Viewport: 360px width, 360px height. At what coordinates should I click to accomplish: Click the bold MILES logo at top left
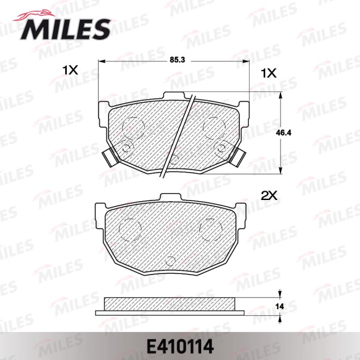tap(66, 29)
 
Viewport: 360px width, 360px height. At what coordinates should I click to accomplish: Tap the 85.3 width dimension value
tap(177, 60)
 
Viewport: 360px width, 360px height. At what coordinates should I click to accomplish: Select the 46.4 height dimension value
tap(284, 133)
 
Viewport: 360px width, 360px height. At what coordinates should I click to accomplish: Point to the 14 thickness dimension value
tap(279, 306)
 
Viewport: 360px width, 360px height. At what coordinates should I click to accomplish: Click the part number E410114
tap(180, 347)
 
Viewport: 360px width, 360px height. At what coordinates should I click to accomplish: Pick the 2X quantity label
tap(269, 196)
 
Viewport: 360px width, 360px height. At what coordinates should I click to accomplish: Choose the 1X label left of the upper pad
tap(70, 70)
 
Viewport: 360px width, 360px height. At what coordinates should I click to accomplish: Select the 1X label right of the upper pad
tap(269, 73)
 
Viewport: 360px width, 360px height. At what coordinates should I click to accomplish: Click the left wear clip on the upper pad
tap(110, 158)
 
